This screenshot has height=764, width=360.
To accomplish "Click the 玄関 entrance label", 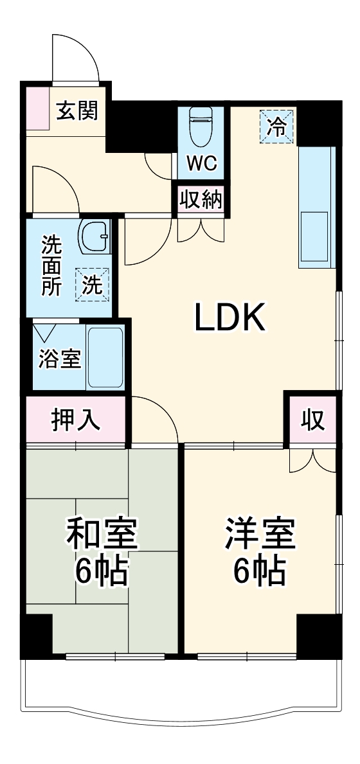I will coord(76,111).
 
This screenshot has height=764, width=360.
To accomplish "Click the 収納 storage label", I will coord(201,200).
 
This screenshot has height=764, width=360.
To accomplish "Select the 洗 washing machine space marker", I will coord(93,283).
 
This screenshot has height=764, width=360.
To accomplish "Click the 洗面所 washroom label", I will coord(52,266).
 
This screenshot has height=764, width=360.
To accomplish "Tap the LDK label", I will coord(230,317).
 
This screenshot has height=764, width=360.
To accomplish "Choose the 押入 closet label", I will coord(76,420).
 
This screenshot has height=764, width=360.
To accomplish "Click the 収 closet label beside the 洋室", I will coord(312,420).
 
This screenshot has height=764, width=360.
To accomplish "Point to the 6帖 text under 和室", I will coord(102,571).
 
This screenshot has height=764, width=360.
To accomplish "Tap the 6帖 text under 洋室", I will coord(260,571).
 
